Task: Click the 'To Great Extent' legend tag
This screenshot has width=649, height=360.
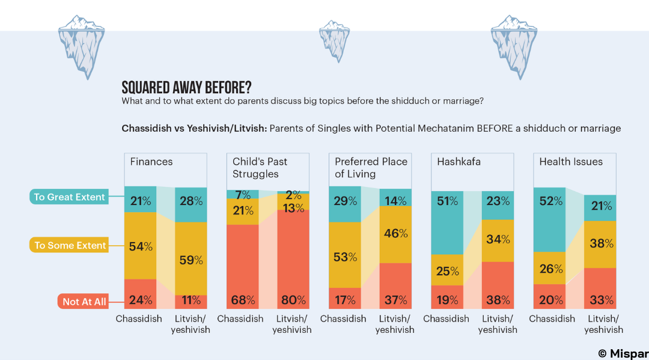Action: pyautogui.click(x=69, y=197)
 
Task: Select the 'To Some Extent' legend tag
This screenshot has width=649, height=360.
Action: pyautogui.click(x=69, y=245)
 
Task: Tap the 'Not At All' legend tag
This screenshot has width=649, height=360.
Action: pyautogui.click(x=84, y=301)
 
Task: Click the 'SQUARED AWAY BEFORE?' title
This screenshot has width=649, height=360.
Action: pyautogui.click(x=186, y=87)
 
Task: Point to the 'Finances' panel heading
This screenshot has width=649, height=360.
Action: pyautogui.click(x=151, y=162)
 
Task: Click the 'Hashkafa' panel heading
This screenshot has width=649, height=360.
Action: pyautogui.click(x=459, y=162)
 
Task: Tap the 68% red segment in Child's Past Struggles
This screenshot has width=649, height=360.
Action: pyautogui.click(x=242, y=267)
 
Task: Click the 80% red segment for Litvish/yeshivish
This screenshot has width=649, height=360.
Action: pyautogui.click(x=293, y=258)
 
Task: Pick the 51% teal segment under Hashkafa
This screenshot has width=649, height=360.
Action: pyautogui.click(x=446, y=222)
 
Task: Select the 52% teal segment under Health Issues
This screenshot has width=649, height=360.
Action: pyautogui.click(x=549, y=221)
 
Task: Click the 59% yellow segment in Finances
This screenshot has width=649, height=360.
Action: pyautogui.click(x=190, y=258)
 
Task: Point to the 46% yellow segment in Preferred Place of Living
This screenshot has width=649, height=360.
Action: pyautogui.click(x=395, y=234)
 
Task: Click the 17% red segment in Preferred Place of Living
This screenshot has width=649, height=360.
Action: pyautogui.click(x=345, y=299)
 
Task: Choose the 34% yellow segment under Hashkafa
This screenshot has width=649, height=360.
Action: pyautogui.click(x=498, y=240)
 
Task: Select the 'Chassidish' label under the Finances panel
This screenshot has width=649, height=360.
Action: pyautogui.click(x=139, y=319)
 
